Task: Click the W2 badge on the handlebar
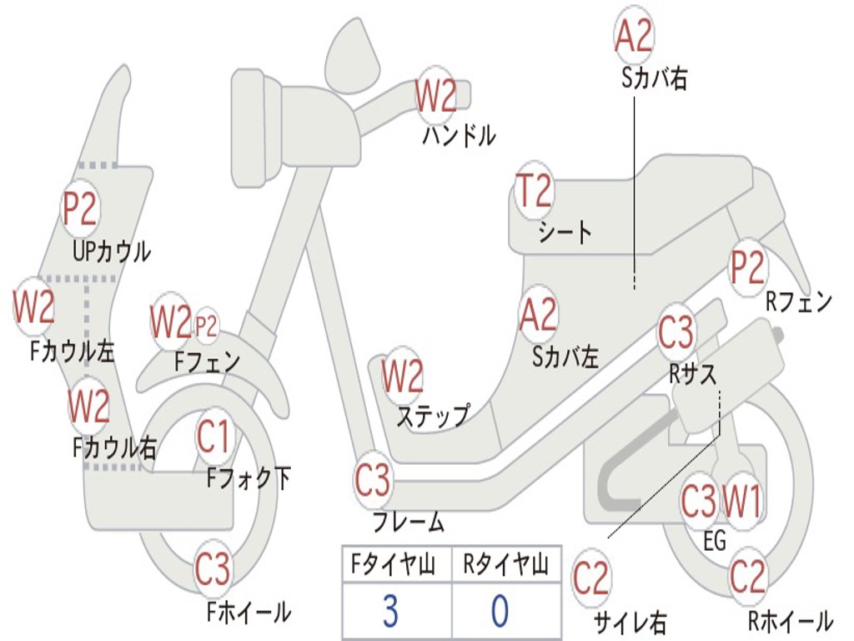435,97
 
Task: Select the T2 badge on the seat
535,191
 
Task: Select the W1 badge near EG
741,502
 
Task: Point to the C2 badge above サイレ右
591,578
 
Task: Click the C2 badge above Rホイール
748,576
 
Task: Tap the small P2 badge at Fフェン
207,326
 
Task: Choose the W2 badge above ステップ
403,376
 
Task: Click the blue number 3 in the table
390,611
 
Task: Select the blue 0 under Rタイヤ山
500,611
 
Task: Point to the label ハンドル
460,135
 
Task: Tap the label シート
565,233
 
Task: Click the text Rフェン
799,301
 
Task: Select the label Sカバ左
565,357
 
